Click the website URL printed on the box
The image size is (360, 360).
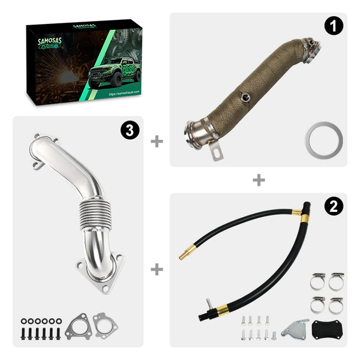coord(124,95)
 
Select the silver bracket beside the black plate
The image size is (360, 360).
coord(295,329)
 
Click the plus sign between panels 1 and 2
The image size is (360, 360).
coord(259,179)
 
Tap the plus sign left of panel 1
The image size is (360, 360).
coord(157,141)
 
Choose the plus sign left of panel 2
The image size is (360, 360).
coord(157,269)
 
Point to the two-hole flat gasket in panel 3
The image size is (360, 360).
coord(105,327)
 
